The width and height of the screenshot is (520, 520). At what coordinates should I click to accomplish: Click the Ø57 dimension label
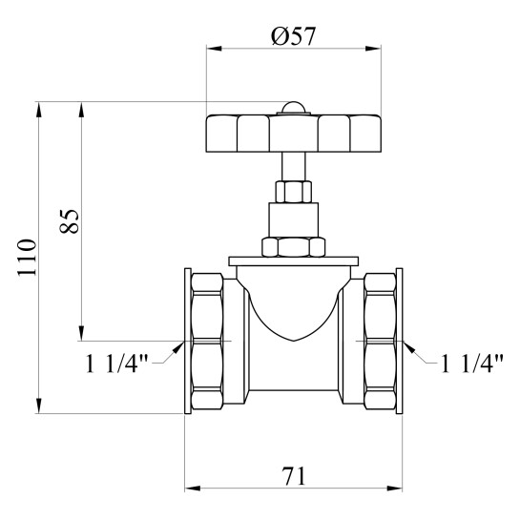293,36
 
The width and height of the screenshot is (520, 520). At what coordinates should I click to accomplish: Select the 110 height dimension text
27,258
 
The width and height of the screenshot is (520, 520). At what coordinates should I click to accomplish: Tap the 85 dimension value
69,221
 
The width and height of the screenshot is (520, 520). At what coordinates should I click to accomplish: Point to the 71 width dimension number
294,476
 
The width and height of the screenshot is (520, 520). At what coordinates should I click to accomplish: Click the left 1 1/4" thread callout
116,364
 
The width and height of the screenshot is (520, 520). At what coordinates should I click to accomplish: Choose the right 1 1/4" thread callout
472,364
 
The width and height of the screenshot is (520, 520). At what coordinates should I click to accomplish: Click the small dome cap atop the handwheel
294,108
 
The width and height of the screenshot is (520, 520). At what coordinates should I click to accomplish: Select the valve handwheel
294,134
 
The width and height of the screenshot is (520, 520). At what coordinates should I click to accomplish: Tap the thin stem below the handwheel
294,166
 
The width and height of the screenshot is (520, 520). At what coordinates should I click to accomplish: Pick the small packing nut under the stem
294,192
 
